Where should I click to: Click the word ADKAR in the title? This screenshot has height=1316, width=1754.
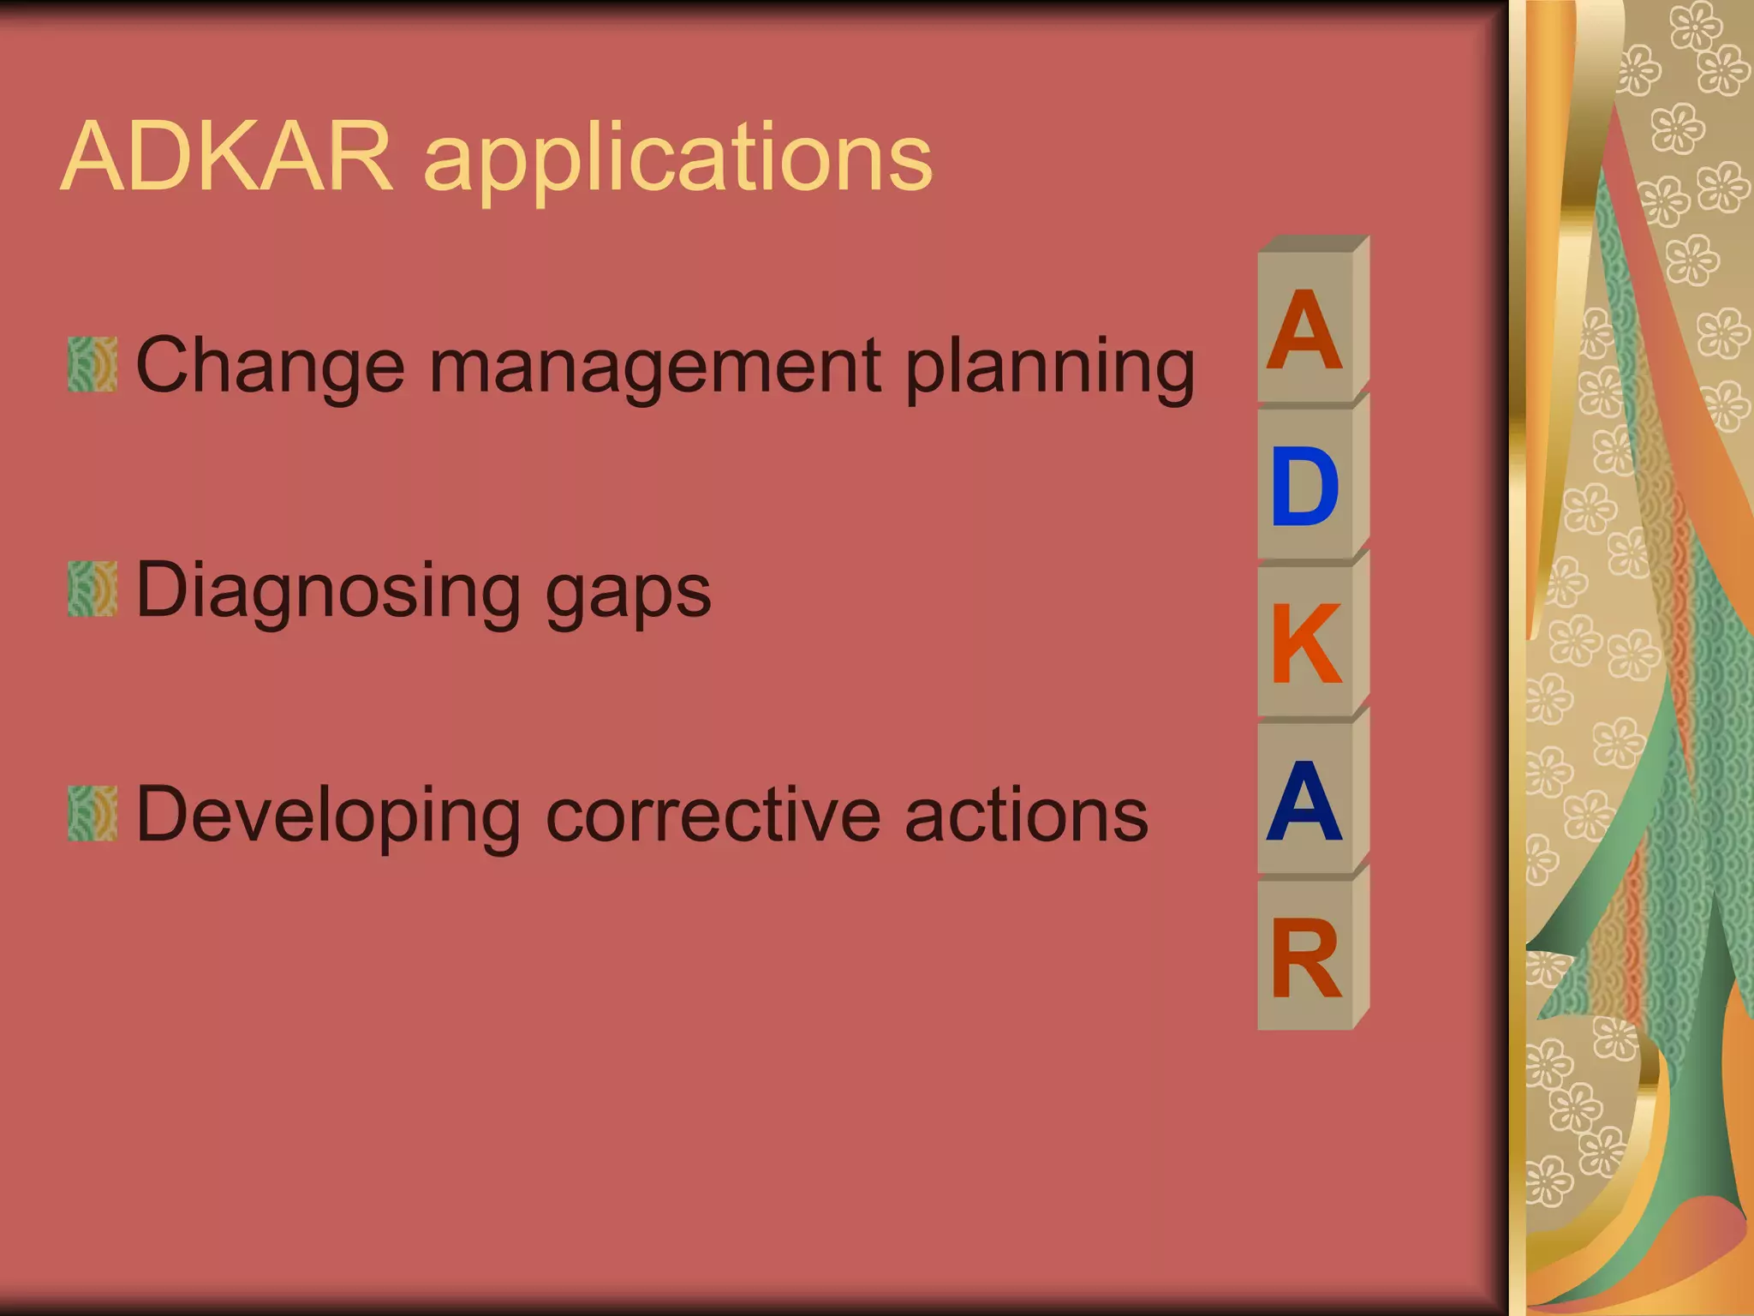pos(227,158)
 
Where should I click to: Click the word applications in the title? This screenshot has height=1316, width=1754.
pos(677,163)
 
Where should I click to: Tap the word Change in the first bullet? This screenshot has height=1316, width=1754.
pos(269,367)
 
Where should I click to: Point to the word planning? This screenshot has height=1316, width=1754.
pos(1049,368)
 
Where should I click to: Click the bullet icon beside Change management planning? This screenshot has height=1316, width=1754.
pos(92,364)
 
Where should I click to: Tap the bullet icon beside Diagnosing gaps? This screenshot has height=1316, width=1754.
pos(92,589)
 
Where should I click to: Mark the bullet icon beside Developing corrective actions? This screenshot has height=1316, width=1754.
pos(92,813)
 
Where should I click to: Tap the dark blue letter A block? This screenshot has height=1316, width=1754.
pos(1304,801)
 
